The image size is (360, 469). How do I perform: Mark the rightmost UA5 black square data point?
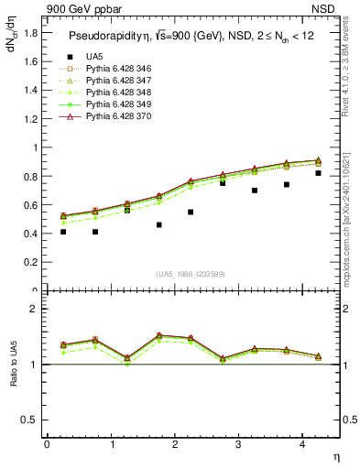(318, 173)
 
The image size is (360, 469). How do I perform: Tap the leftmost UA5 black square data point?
(63, 232)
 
